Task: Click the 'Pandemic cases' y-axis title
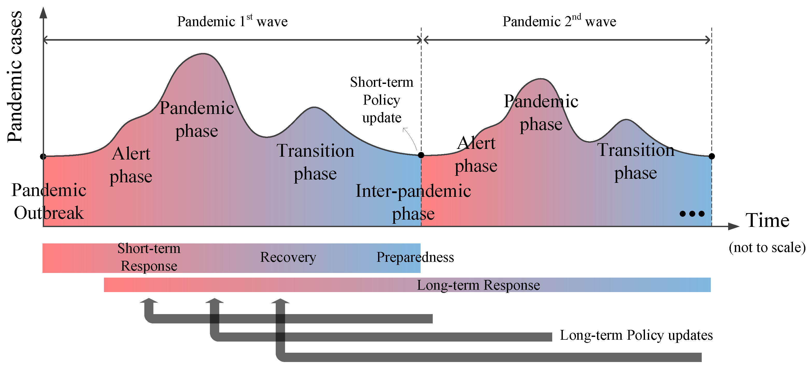[x=15, y=77]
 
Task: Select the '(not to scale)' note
[x=767, y=248]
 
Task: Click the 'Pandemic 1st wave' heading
[x=232, y=21]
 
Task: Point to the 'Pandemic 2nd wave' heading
[x=559, y=21]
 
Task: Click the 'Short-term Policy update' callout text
[x=382, y=100]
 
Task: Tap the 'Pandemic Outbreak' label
[x=49, y=201]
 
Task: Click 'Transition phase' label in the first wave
[x=315, y=162]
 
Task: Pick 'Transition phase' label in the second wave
[x=636, y=161]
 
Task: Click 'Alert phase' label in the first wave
[x=131, y=165]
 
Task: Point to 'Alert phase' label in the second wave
[x=476, y=154]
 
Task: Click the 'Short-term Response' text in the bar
[x=149, y=257]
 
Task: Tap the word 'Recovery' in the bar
[x=288, y=257]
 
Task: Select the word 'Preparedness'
[x=415, y=257]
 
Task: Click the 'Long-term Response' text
[x=478, y=285]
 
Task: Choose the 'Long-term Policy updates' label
[x=636, y=335]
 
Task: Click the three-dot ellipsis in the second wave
[x=692, y=214]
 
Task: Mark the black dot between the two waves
[x=421, y=155]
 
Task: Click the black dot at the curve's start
[x=43, y=156]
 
